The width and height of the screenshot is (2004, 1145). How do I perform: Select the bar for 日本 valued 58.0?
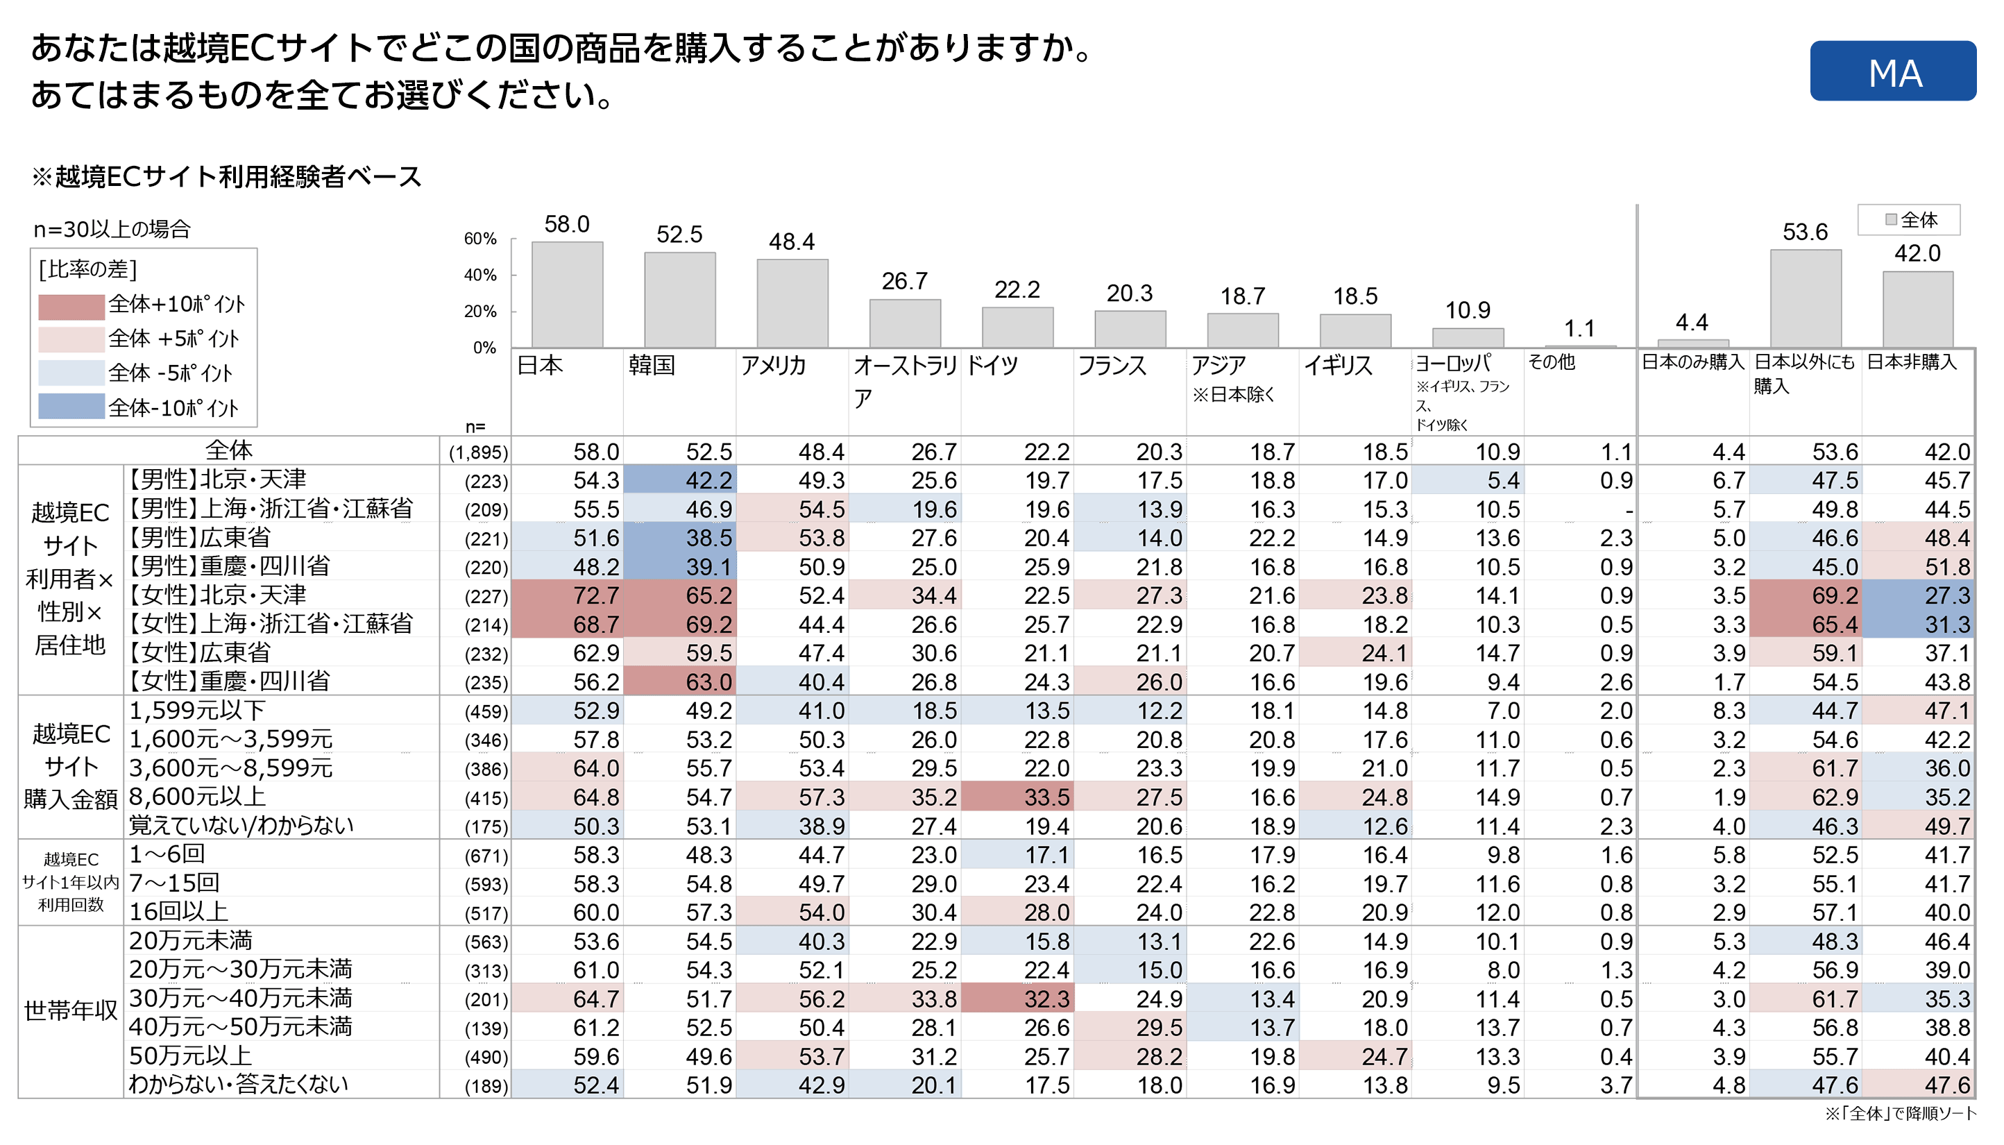tap(567, 295)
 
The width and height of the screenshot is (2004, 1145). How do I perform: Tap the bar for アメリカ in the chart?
tap(792, 303)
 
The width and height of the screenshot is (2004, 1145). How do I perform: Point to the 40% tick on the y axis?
tap(479, 275)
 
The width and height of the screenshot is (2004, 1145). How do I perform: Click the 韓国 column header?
tap(652, 366)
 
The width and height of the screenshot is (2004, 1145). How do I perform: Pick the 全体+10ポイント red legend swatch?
tap(71, 306)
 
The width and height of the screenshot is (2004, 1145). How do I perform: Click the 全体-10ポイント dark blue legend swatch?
tap(71, 407)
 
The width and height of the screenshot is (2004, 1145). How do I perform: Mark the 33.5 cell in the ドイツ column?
tap(1046, 797)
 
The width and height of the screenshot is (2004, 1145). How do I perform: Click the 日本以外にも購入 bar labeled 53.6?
tap(1804, 299)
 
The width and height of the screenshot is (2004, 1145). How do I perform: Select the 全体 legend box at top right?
tap(1908, 220)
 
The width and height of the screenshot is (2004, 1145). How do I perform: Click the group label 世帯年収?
tap(71, 1010)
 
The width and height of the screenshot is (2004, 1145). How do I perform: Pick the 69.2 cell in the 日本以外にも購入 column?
tap(1834, 595)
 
